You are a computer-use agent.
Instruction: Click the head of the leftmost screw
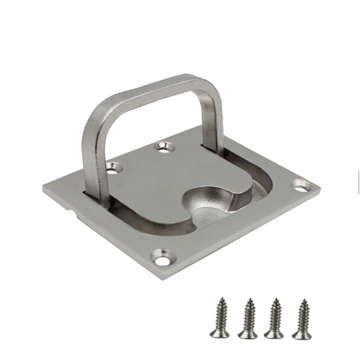pos(219,333)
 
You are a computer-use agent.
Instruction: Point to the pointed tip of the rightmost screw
pos(304,300)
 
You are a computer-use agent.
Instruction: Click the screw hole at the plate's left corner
pos(114,168)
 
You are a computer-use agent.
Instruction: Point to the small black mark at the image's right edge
pos(358,182)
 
